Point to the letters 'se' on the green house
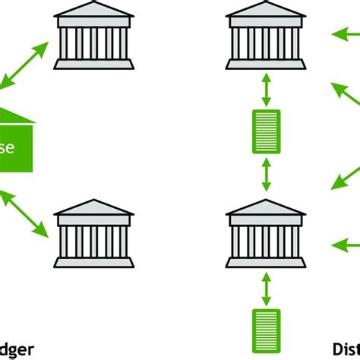7,147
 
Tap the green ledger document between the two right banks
266,132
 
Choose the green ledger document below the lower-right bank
266,330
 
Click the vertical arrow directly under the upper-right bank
266,89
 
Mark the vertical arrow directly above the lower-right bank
266,175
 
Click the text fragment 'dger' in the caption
17,350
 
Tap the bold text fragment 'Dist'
346,350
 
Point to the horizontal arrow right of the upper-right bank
346,33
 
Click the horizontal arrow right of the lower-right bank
346,245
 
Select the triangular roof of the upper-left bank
93,9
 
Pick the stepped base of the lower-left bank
93,262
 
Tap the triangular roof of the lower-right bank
265,207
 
